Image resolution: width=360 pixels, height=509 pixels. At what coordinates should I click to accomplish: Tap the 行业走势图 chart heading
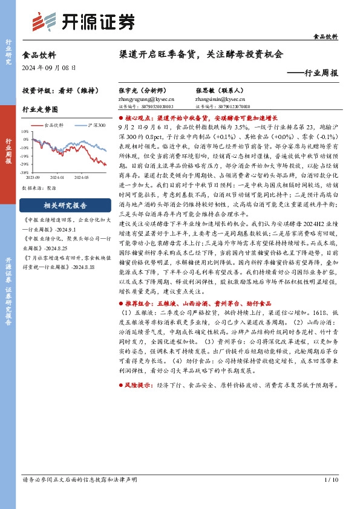pos(40,110)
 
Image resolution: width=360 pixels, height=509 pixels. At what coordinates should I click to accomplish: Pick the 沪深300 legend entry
pos(93,125)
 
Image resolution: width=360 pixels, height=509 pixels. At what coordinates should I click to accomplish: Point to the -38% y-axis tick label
pos(24,172)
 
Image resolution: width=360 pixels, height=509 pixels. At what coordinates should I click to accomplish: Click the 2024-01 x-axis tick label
pos(57,178)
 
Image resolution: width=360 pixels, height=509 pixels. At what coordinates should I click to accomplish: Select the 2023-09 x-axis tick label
pos(33,178)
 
